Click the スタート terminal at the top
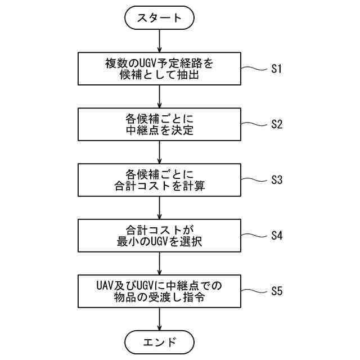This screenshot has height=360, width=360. (160, 17)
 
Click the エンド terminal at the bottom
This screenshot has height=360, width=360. (160, 341)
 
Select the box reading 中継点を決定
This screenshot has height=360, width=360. (160, 125)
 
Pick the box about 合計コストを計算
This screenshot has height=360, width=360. (160, 179)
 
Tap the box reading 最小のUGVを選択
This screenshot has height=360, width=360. (160, 235)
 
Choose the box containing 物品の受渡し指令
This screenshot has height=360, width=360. (160, 291)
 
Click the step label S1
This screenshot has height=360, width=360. (276, 69)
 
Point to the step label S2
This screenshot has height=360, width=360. (276, 124)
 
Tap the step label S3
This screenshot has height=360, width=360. (276, 180)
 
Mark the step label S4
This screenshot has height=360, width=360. (276, 235)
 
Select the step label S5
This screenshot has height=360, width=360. (276, 291)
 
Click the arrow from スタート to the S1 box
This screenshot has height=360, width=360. (160, 40)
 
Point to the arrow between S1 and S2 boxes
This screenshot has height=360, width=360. (160, 96)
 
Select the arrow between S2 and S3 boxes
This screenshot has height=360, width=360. (160, 151)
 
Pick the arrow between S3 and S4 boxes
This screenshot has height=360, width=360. (160, 206)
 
